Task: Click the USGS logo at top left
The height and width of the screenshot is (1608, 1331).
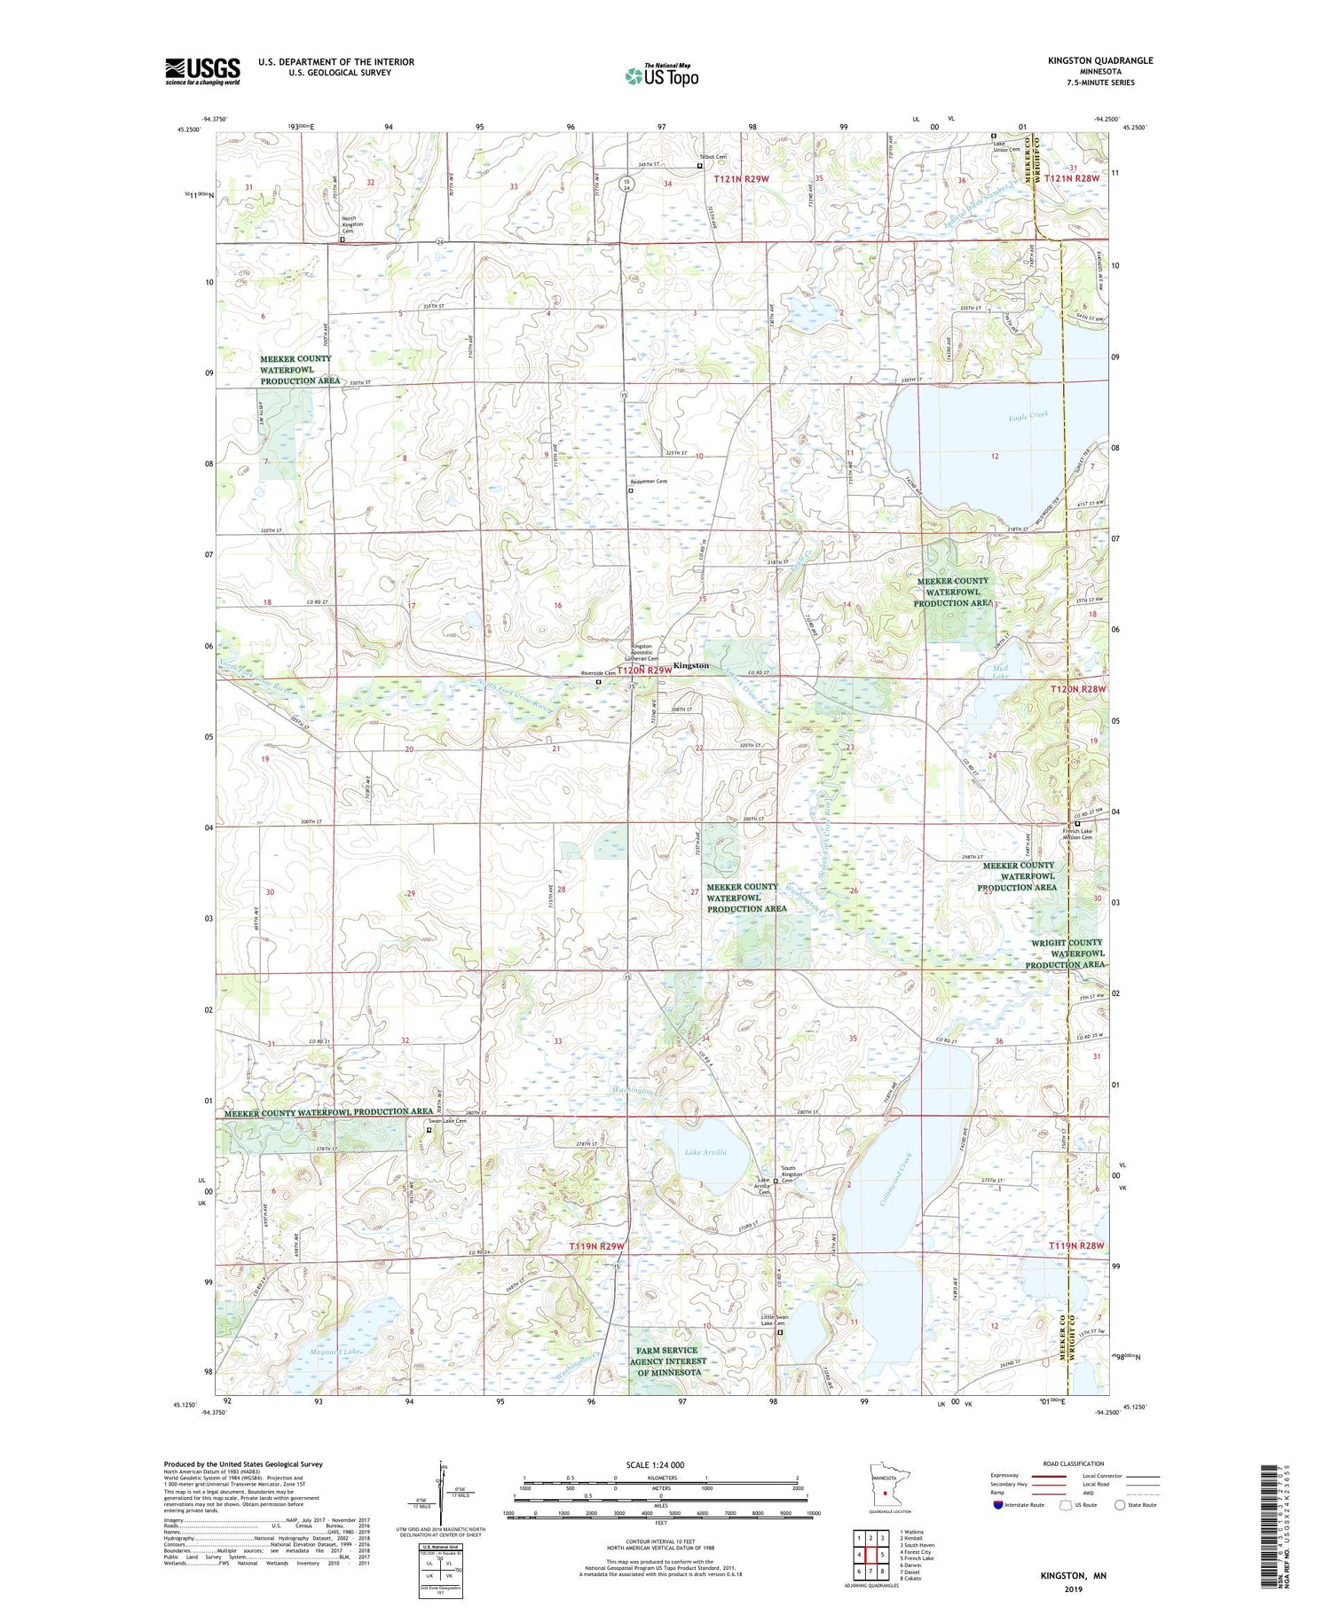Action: [202, 71]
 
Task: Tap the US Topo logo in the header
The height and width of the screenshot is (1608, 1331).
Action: [661, 75]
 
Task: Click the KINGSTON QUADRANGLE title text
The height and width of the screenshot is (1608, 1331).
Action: [1100, 60]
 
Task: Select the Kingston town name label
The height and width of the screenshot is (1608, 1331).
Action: [690, 665]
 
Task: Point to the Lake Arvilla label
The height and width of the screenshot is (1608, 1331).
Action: [705, 1153]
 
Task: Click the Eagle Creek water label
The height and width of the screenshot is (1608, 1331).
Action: [1028, 414]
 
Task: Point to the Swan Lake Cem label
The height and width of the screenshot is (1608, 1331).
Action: [448, 1121]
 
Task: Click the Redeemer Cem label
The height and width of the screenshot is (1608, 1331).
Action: [649, 482]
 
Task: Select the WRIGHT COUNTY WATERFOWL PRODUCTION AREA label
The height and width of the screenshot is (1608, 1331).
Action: [1065, 953]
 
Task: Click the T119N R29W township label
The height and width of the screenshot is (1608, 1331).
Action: [596, 1246]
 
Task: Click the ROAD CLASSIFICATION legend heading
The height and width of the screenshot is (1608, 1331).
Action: [1073, 1463]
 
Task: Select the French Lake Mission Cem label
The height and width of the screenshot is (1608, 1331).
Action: [1077, 835]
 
